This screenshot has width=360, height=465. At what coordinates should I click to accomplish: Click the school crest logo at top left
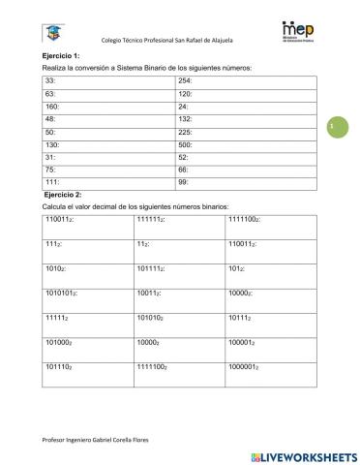[46, 35]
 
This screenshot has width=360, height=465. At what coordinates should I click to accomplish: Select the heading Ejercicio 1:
[61, 57]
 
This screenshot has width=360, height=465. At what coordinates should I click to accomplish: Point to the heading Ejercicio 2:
[63, 196]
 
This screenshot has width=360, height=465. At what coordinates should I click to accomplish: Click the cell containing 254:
[249, 80]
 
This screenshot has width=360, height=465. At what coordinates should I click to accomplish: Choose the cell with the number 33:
[108, 80]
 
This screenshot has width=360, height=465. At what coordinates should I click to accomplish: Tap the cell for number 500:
[249, 143]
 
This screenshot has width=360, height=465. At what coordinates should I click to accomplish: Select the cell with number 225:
[249, 131]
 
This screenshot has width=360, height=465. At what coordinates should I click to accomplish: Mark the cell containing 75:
[108, 169]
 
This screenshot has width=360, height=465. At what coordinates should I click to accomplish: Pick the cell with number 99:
[249, 181]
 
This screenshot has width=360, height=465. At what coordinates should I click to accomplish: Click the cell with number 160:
[108, 106]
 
